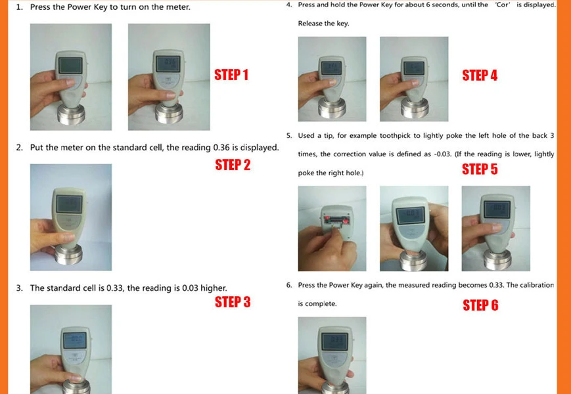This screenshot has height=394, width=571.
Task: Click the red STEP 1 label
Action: [231, 75]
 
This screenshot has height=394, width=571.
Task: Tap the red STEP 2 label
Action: [233, 165]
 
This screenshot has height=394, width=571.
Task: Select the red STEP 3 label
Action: [233, 302]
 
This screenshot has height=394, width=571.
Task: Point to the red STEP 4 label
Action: [480, 76]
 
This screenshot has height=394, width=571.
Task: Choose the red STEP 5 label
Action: [480, 169]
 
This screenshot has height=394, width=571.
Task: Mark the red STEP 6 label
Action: [480, 305]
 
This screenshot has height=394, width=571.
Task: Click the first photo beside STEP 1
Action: [71, 77]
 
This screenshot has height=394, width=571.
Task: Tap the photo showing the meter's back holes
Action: [332, 228]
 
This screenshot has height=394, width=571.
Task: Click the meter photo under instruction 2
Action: [71, 217]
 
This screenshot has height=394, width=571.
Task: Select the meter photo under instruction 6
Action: [332, 355]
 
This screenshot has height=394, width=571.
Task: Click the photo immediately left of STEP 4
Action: [414, 79]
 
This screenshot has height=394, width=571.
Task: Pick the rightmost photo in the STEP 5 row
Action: [495, 228]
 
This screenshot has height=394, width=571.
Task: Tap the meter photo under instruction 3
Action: [71, 349]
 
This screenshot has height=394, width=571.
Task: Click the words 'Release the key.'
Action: [323, 24]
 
